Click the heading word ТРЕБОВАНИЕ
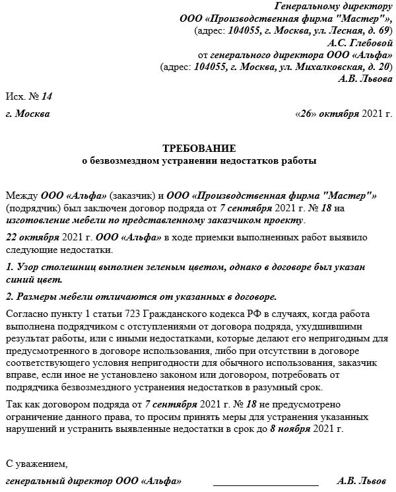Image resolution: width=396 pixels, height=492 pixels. pos(199,147)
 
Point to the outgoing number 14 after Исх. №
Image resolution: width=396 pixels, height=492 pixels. pos(46,96)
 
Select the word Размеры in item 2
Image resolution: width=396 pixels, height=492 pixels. pos(39,296)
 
